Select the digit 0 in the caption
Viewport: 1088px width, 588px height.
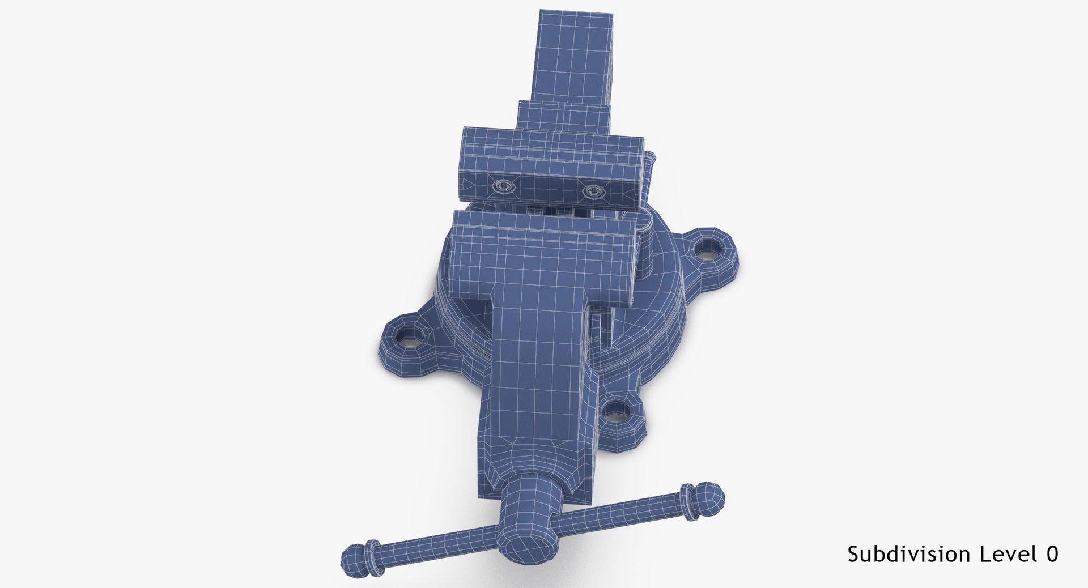[1052, 554]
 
